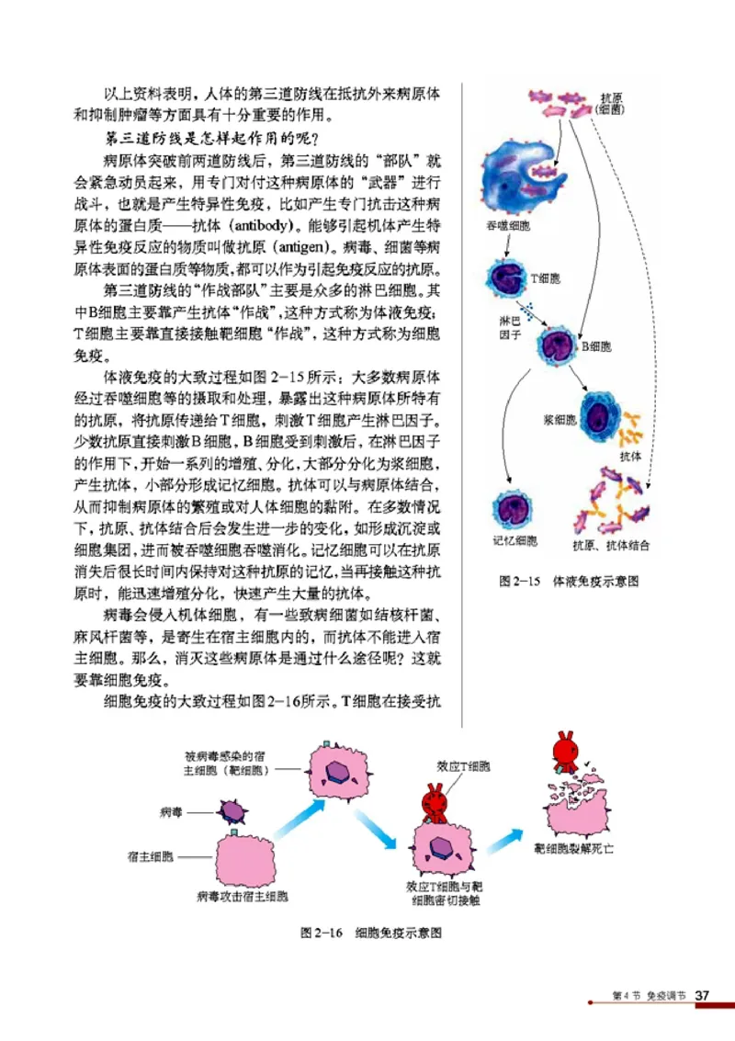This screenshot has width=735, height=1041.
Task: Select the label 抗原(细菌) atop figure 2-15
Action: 612,102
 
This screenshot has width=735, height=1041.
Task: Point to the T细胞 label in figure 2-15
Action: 544,276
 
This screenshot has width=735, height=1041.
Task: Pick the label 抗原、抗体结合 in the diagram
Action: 611,545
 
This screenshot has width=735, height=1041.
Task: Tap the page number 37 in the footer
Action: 703,995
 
